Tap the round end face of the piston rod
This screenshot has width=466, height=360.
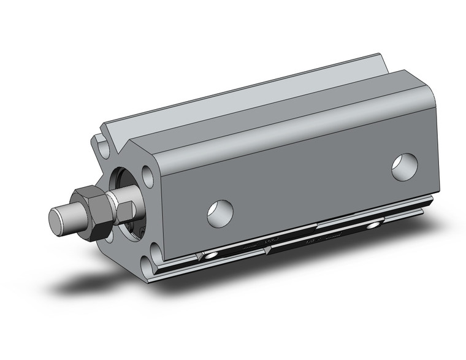[x=57, y=220]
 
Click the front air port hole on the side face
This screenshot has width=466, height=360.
[x=220, y=212]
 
